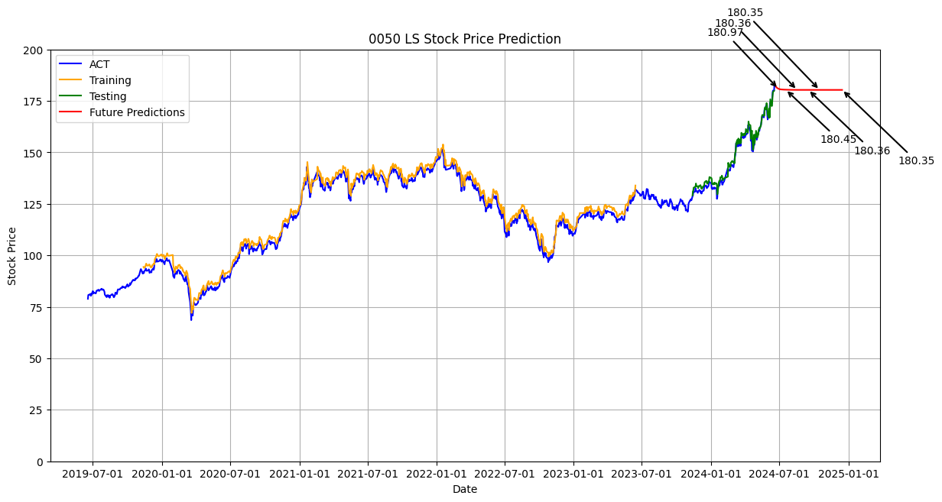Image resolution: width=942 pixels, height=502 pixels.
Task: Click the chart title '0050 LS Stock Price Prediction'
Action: (x=464, y=39)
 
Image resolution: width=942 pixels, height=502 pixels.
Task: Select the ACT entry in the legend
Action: (x=99, y=64)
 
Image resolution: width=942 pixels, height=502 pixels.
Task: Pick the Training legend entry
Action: (x=110, y=80)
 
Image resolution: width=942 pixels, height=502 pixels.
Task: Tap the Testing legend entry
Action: (x=108, y=96)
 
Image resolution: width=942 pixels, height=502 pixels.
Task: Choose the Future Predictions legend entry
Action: (x=137, y=112)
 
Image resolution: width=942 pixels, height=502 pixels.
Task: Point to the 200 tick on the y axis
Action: (x=34, y=50)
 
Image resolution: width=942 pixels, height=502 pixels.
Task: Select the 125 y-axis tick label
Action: (x=34, y=205)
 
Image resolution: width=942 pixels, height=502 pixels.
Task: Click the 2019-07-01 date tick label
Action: (x=93, y=474)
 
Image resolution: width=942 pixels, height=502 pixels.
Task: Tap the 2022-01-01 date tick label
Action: (x=437, y=474)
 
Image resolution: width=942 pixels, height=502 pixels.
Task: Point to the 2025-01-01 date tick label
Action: (x=849, y=474)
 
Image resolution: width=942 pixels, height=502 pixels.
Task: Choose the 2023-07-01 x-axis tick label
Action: (x=642, y=474)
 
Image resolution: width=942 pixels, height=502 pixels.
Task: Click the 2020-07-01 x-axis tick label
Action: (x=230, y=474)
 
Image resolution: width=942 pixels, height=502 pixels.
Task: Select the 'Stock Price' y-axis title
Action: (x=12, y=256)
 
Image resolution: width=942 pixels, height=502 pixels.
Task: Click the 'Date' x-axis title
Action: (x=464, y=489)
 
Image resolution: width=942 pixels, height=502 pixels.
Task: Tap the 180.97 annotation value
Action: (x=725, y=32)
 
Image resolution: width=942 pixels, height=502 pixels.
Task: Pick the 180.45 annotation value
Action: (x=838, y=139)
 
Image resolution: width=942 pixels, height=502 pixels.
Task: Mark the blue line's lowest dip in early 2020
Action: (x=191, y=319)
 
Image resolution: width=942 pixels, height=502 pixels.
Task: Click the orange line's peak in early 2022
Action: (x=443, y=144)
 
